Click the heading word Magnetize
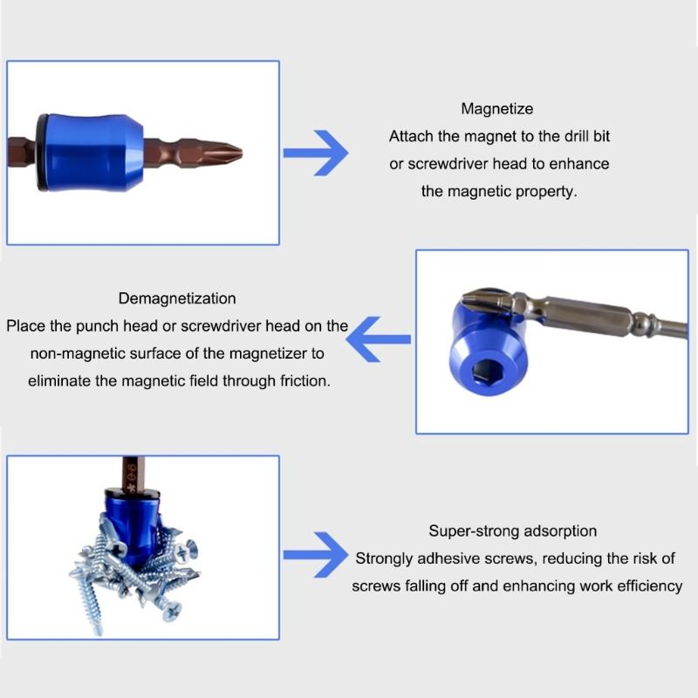(497, 109)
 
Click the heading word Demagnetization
(177, 298)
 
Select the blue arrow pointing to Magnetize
(316, 152)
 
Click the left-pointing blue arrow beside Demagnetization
(379, 337)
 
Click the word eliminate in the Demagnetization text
(59, 381)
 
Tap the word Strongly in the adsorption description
(384, 558)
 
